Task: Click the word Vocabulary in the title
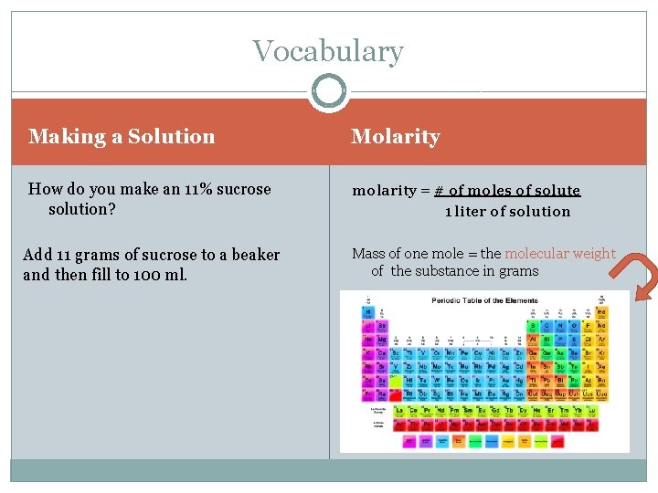328,51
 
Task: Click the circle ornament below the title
328,92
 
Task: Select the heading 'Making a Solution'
122,137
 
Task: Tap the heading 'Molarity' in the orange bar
395,137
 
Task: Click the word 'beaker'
256,255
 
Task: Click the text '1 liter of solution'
507,212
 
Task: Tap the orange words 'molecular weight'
560,254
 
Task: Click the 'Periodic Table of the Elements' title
483,300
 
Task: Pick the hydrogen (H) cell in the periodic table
367,310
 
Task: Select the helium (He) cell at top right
600,310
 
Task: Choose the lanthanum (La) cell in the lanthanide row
399,410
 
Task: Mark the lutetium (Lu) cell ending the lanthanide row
592,410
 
